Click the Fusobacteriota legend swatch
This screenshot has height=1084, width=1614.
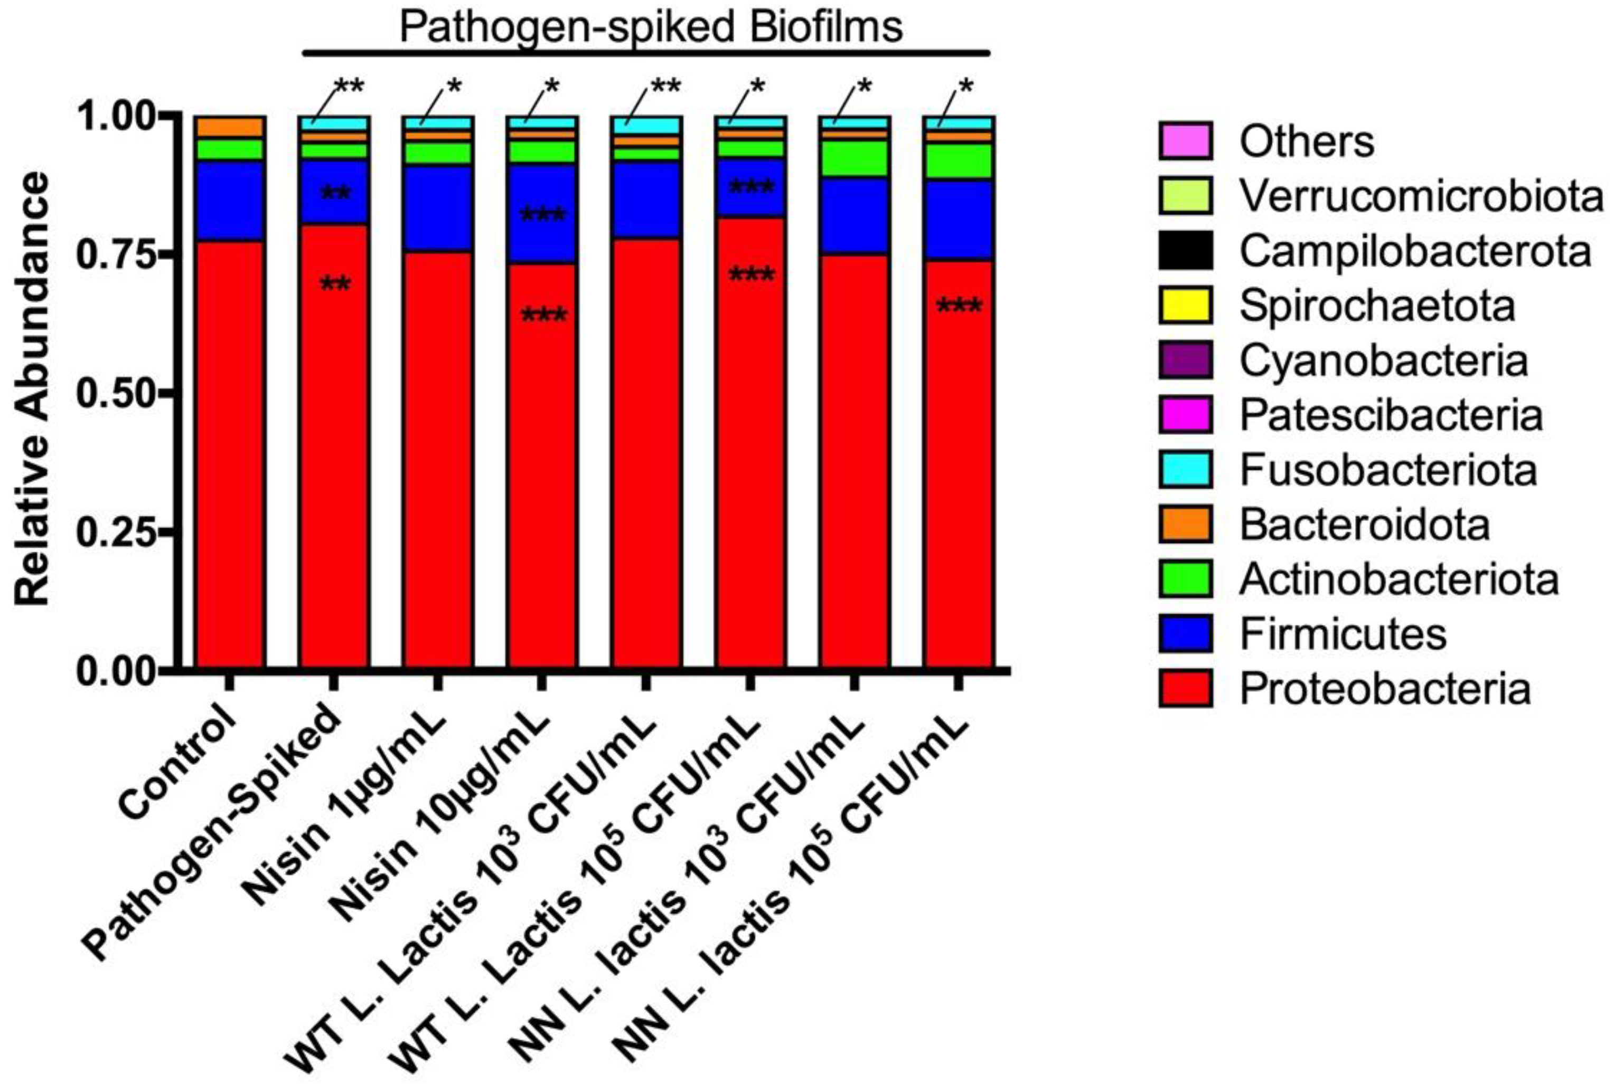(x=1185, y=469)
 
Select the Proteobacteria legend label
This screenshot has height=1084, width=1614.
(x=1384, y=689)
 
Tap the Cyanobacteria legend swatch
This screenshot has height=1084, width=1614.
(x=1185, y=359)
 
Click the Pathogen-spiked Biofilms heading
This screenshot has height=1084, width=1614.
(x=650, y=27)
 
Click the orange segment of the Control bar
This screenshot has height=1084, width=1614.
(x=230, y=127)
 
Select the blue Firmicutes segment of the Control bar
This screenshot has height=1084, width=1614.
(x=230, y=201)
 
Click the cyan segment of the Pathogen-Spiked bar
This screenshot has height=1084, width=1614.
(x=333, y=123)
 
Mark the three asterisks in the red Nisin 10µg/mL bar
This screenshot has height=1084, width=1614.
(x=543, y=317)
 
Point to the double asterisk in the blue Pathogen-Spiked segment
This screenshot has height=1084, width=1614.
(x=335, y=194)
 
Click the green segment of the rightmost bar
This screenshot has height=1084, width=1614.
(x=958, y=160)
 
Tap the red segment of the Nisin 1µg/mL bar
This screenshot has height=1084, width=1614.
(x=438, y=457)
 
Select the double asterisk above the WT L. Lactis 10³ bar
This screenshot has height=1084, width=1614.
(x=665, y=87)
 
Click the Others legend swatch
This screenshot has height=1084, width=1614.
(x=1185, y=140)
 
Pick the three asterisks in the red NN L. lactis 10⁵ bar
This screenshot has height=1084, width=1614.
(x=958, y=306)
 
